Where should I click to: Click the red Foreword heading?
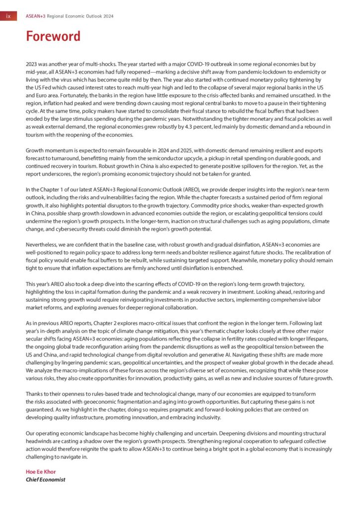[53, 37]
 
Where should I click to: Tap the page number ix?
[8, 16]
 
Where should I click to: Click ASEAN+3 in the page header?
[35, 16]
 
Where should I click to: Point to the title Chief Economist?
[45, 479]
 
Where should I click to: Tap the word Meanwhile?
[219, 260]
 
